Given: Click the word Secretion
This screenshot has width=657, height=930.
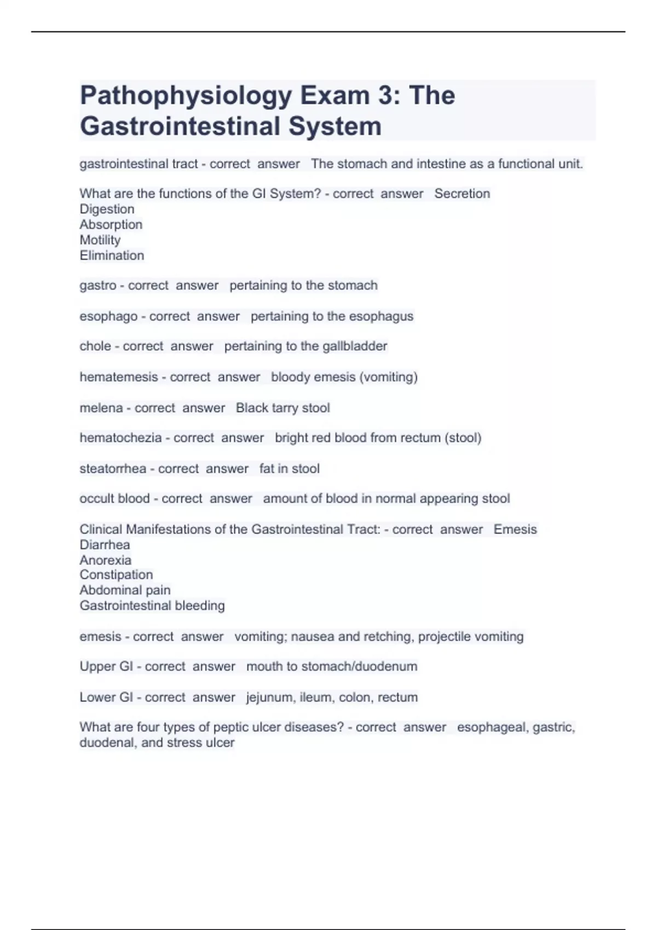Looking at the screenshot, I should point(462,194).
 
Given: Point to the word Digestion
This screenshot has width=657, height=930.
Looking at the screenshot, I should point(107,209).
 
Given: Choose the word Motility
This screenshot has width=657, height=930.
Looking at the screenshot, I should point(100,240).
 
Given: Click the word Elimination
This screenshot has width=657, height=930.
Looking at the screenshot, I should point(112,255).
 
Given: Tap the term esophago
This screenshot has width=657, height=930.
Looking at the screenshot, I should point(108,316).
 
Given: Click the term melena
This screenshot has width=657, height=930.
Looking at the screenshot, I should point(101,408).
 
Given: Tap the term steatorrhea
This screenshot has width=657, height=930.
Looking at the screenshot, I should point(113,469).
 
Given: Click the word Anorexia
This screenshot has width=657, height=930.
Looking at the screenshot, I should point(106,560).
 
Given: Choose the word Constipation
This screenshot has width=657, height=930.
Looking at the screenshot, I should point(116,575).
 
